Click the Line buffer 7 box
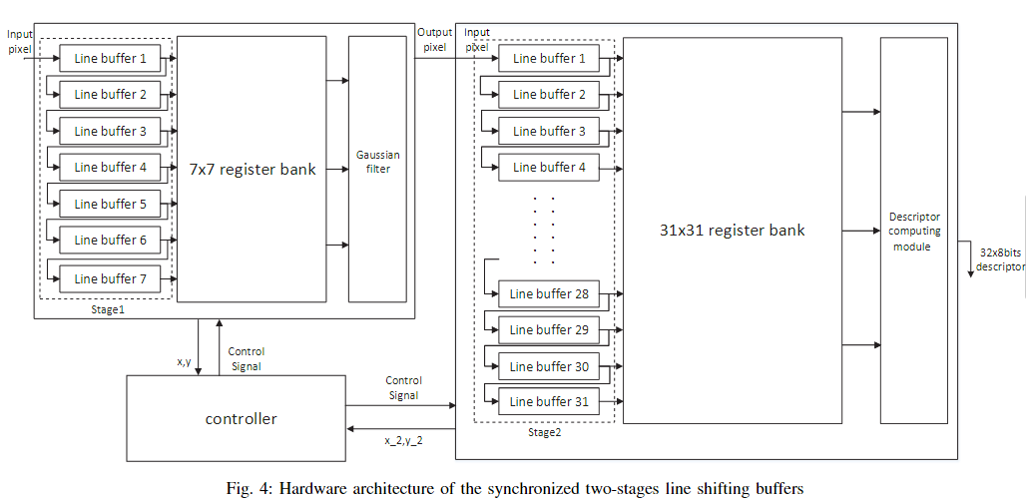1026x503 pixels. click(110, 278)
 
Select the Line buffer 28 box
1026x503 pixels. click(549, 293)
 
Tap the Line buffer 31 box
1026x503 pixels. click(549, 401)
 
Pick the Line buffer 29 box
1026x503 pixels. click(549, 329)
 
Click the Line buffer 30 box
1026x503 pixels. click(549, 366)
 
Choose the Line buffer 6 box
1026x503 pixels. click(110, 240)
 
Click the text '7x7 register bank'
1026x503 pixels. click(253, 170)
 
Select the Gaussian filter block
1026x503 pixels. click(378, 162)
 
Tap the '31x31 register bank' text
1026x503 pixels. click(732, 230)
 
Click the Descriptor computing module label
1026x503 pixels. click(914, 231)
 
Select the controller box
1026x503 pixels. click(241, 419)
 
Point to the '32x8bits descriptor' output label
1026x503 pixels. click(999, 259)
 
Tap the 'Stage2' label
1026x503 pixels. click(545, 432)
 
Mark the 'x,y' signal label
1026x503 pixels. click(184, 361)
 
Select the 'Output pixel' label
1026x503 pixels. click(434, 39)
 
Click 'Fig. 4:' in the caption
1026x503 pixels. click(251, 488)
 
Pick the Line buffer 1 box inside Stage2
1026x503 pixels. click(549, 59)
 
